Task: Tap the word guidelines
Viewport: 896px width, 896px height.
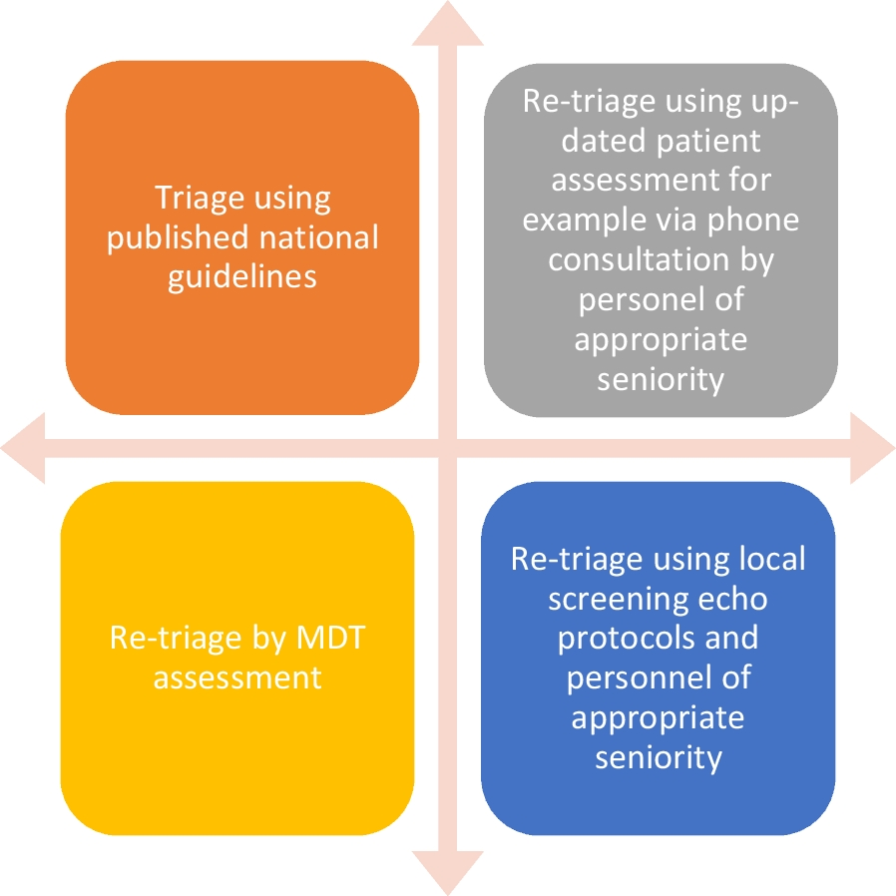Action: [242, 276]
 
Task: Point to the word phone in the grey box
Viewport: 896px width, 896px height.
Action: [753, 220]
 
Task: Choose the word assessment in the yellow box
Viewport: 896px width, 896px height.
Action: [237, 677]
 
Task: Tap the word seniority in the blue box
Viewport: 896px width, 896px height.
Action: [659, 757]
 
